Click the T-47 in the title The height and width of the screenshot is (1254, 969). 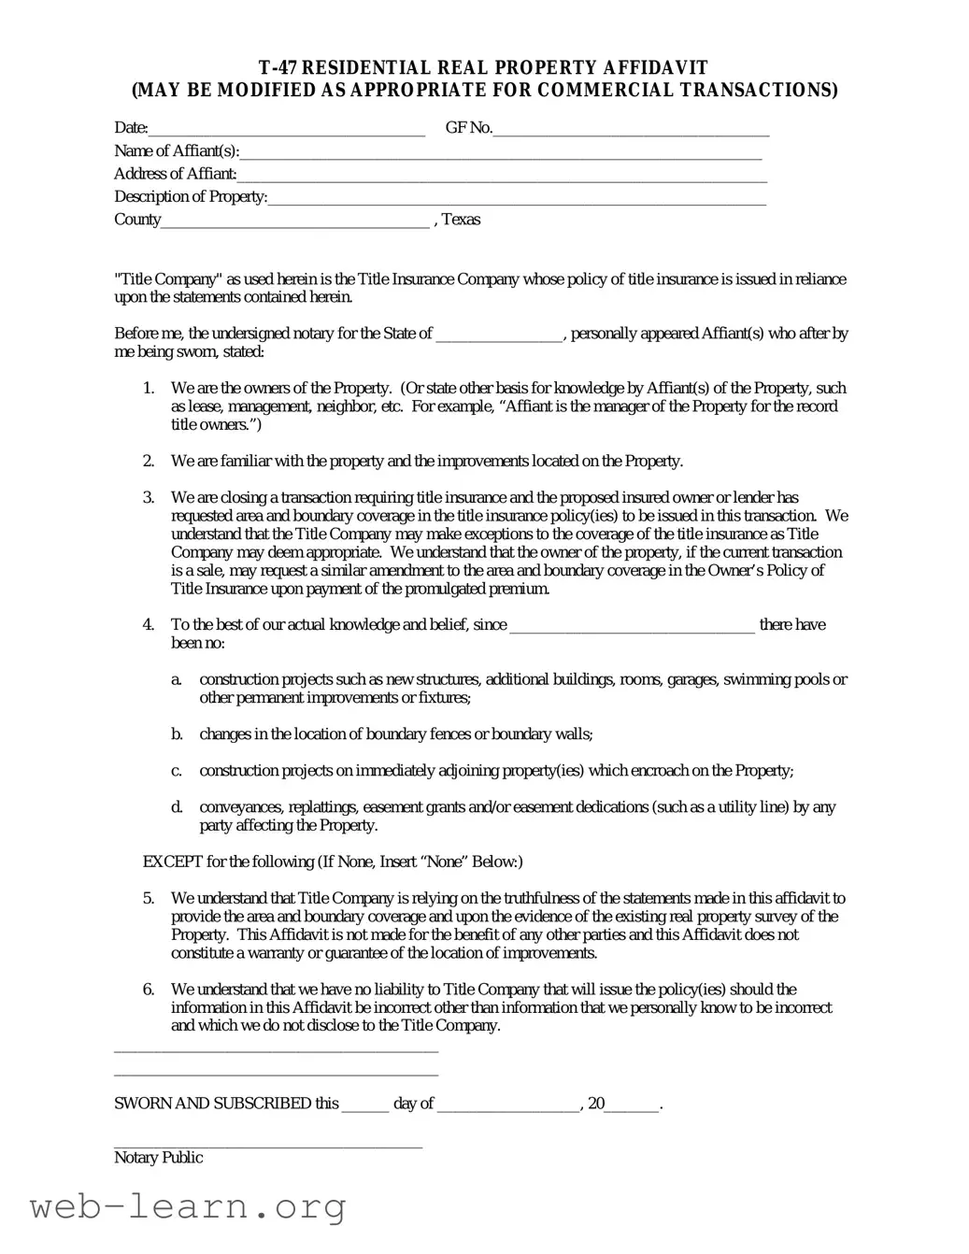click(278, 68)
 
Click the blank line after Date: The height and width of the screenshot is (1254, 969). click(286, 129)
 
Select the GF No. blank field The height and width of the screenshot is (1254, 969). click(631, 129)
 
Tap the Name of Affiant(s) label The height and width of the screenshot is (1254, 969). click(177, 151)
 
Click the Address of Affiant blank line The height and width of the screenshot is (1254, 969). click(502, 175)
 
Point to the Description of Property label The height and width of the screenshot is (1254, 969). click(191, 197)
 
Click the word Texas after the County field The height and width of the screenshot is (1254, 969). click(461, 220)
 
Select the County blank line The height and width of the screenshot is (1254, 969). click(295, 221)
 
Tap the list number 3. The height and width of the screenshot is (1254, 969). click(149, 498)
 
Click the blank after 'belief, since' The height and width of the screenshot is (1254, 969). click(632, 626)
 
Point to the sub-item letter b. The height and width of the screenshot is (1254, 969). click(177, 734)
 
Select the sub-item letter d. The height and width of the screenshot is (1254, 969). click(177, 807)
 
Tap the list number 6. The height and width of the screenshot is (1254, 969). click(149, 990)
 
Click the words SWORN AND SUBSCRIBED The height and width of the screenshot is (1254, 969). click(226, 1104)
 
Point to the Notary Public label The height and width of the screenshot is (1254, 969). click(158, 1158)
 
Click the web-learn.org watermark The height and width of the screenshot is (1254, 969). click(188, 1207)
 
